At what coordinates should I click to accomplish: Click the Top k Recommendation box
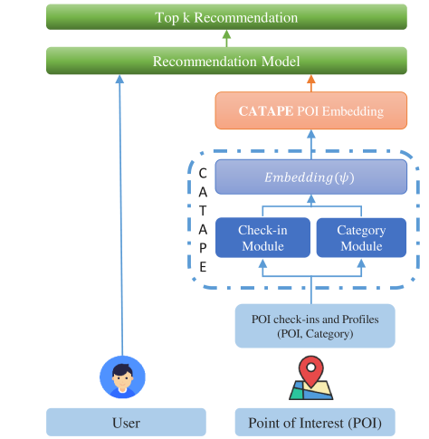pyautogui.click(x=226, y=17)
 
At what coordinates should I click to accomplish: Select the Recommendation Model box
pyautogui.click(x=226, y=61)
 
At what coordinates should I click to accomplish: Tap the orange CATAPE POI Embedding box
pyautogui.click(x=311, y=110)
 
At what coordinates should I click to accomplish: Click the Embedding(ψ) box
pyautogui.click(x=311, y=177)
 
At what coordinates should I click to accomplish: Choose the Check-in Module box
pyautogui.click(x=262, y=238)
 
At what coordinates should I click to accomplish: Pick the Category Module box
pyautogui.click(x=361, y=238)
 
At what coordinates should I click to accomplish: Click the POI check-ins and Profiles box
pyautogui.click(x=315, y=326)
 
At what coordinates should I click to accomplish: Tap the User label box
pyautogui.click(x=126, y=422)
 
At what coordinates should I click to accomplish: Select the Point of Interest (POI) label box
pyautogui.click(x=315, y=422)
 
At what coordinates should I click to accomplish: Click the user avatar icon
pyautogui.click(x=122, y=377)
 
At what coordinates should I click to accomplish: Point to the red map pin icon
pyautogui.click(x=311, y=370)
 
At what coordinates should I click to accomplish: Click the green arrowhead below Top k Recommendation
pyautogui.click(x=226, y=34)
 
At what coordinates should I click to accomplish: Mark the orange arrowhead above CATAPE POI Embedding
pyautogui.click(x=311, y=79)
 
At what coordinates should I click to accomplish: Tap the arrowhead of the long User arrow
pyautogui.click(x=119, y=79)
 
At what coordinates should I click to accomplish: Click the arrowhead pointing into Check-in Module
pyautogui.click(x=262, y=263)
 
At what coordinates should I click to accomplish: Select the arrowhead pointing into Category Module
pyautogui.click(x=361, y=263)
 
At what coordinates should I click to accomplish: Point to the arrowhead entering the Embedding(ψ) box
pyautogui.click(x=311, y=199)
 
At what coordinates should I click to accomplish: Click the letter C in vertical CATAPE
pyautogui.click(x=203, y=174)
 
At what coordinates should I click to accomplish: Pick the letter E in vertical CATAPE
pyautogui.click(x=203, y=267)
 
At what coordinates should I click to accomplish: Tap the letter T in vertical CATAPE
pyautogui.click(x=203, y=211)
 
